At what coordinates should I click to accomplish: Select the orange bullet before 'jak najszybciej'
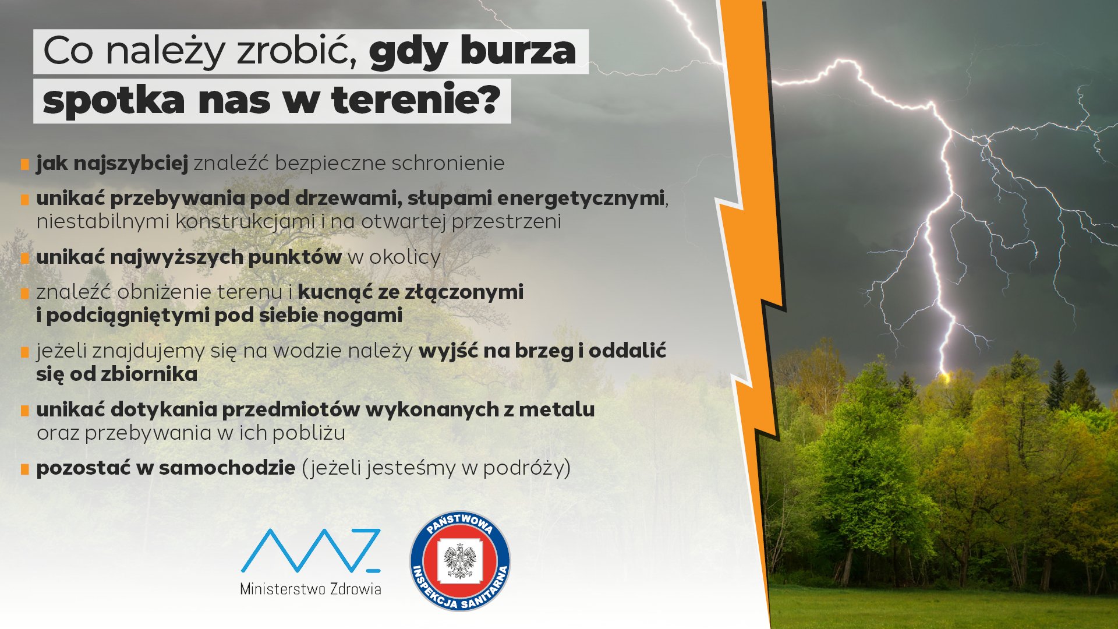pyautogui.click(x=25, y=165)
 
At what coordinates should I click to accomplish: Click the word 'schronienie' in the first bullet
pyautogui.click(x=448, y=163)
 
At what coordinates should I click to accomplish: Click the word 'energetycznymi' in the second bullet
pyautogui.click(x=580, y=199)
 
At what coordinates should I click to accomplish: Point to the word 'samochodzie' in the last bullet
pyautogui.click(x=227, y=468)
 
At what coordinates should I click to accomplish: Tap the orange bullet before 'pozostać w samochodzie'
pyautogui.click(x=25, y=469)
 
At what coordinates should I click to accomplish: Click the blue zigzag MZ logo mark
pyautogui.click(x=310, y=550)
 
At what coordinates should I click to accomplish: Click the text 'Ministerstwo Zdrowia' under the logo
pyautogui.click(x=310, y=589)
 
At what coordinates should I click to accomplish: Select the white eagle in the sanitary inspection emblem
pyautogui.click(x=460, y=561)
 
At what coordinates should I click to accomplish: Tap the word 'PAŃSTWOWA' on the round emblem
pyautogui.click(x=460, y=524)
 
